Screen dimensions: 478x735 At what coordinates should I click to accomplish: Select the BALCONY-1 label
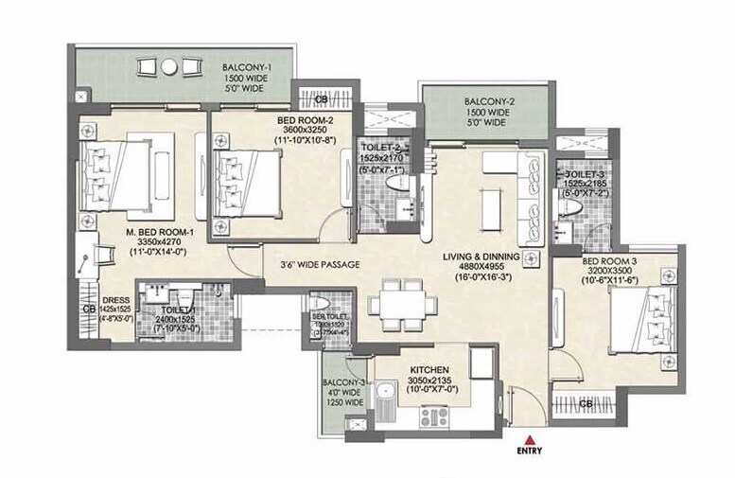pos(249,67)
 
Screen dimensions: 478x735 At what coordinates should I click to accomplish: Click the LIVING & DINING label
pos(490,255)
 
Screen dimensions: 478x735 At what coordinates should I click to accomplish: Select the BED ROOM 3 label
pos(613,259)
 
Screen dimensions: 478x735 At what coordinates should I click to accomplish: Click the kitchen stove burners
pos(433,416)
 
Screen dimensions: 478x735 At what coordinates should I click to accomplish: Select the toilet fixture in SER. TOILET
pos(319,304)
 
